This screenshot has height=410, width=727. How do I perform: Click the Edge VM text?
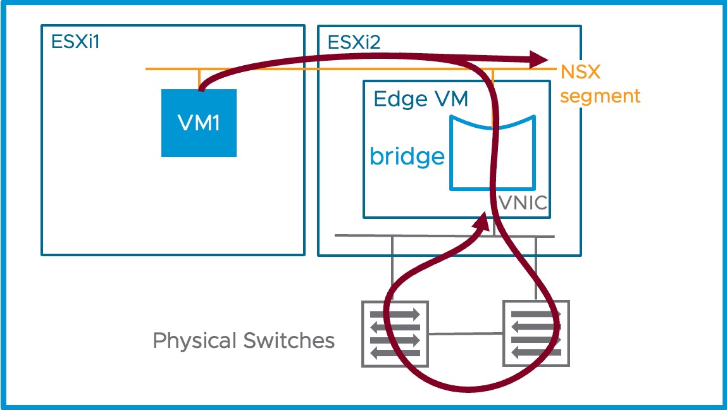pyautogui.click(x=420, y=99)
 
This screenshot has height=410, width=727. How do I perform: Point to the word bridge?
pyautogui.click(x=407, y=156)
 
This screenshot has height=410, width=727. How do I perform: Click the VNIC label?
pyautogui.click(x=523, y=204)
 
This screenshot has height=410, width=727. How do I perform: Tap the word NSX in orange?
pyautogui.click(x=580, y=72)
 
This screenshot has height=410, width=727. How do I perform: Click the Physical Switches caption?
pyautogui.click(x=244, y=341)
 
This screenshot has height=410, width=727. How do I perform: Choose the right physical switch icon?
pyautogui.click(x=536, y=333)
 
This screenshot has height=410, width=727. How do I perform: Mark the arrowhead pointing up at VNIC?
pyautogui.click(x=482, y=222)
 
